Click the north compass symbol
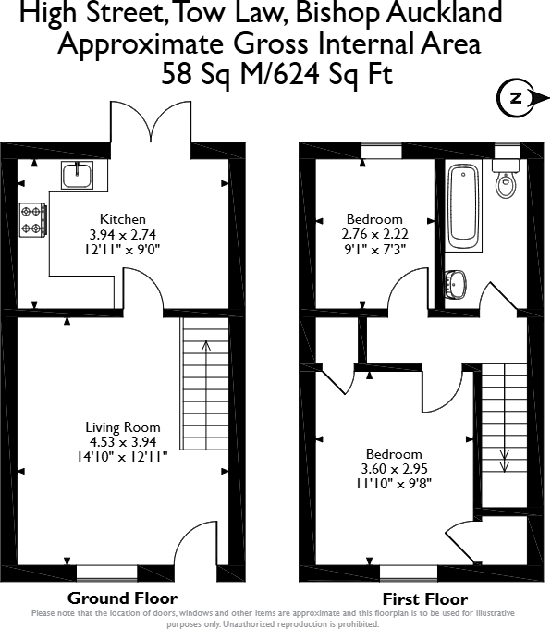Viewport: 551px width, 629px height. point(516,96)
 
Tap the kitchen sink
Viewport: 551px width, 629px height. point(76,173)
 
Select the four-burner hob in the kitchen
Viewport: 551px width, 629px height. point(31,219)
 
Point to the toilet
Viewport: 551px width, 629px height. point(504,179)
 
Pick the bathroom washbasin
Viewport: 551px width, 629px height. point(457,284)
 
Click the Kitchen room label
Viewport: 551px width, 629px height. point(123,219)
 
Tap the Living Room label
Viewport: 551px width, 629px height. point(123,427)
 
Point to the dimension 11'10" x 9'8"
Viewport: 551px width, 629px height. point(394,482)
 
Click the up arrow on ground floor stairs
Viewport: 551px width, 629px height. point(205,348)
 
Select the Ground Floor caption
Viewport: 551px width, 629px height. point(122,598)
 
